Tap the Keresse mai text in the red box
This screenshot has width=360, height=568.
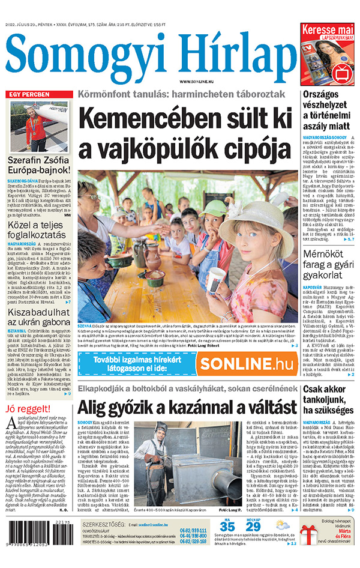pyautogui.click(x=328, y=30)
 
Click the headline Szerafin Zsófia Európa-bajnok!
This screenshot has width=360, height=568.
pyautogui.click(x=39, y=165)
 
